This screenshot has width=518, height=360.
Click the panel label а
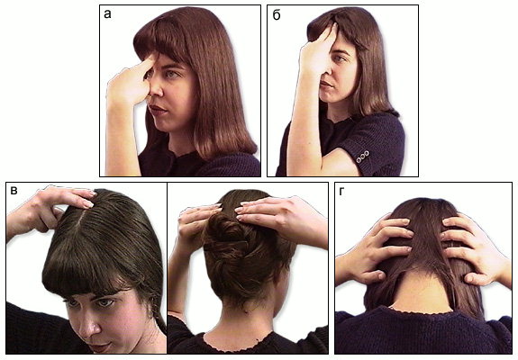click(x=107, y=14)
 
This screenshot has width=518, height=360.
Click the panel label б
click(x=277, y=14)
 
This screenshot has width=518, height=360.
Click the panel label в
click(x=14, y=191)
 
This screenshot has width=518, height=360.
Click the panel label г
click(x=341, y=192)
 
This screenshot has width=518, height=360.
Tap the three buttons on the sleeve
click(x=362, y=157)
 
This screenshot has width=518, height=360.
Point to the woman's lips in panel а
click(x=155, y=109)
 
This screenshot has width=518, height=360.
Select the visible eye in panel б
click(x=340, y=58)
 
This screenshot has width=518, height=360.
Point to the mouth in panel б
click(x=325, y=85)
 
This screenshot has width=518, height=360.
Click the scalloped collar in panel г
click(x=423, y=310)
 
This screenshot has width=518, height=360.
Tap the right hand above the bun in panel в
click(x=281, y=218)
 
